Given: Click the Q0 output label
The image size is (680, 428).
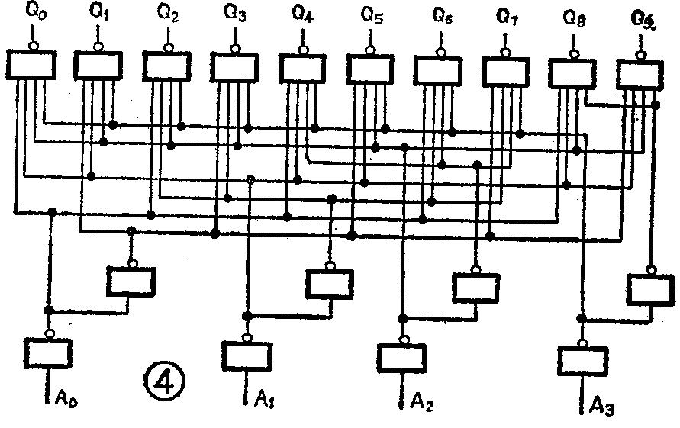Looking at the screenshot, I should click(x=34, y=13).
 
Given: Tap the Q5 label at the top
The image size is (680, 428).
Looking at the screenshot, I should click(x=372, y=14).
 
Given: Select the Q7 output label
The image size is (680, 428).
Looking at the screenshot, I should click(x=506, y=14).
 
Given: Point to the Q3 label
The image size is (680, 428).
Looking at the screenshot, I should click(x=235, y=13).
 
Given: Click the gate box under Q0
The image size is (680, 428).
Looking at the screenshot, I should click(x=30, y=65).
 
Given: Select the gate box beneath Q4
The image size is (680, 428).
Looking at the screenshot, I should click(x=303, y=68).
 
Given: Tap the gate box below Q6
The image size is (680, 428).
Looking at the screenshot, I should click(x=438, y=70).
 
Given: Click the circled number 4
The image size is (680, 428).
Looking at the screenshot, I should click(x=163, y=379).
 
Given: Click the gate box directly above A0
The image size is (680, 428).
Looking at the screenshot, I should click(x=48, y=352).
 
